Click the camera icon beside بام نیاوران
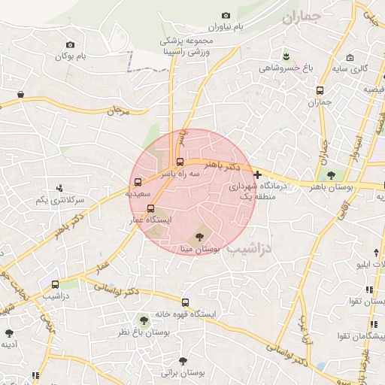[226, 15]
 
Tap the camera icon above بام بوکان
[70, 45]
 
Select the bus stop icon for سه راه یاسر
[179, 161]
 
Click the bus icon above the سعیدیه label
[137, 181]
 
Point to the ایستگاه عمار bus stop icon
[150, 208]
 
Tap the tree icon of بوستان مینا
[199, 236]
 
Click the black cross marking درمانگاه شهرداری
[258, 174]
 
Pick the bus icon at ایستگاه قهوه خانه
[186, 303]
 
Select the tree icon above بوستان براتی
[182, 361]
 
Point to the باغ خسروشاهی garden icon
[285, 56]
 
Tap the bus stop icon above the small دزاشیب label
[55, 285]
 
